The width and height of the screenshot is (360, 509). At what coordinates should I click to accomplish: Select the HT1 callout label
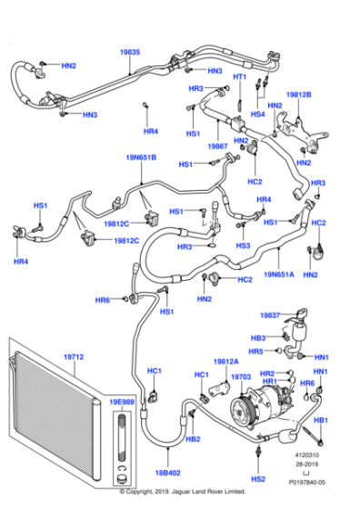(240, 77)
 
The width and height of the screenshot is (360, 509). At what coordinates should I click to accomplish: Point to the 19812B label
(298, 94)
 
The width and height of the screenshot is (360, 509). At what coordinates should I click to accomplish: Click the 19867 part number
(217, 145)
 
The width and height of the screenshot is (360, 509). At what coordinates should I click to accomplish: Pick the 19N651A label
(280, 272)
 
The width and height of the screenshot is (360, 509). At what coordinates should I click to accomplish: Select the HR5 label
(257, 351)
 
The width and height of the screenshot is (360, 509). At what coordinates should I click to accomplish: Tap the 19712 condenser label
(73, 358)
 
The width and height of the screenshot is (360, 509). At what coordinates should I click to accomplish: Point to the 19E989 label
(122, 401)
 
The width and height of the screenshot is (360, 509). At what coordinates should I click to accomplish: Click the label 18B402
(167, 473)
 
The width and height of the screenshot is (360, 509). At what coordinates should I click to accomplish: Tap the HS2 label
(259, 478)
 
